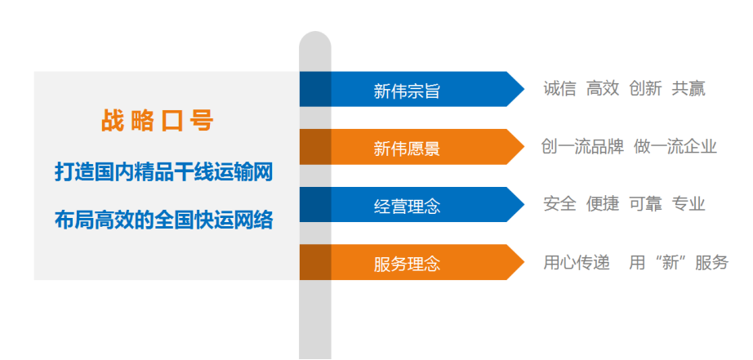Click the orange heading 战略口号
(157, 121)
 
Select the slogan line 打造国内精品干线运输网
(164, 172)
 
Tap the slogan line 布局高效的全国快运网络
(164, 220)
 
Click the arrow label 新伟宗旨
(407, 91)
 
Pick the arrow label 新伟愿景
(407, 149)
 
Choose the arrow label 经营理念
(407, 207)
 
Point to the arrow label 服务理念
(407, 264)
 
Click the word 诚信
(559, 89)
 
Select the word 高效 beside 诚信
(603, 89)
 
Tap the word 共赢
(688, 89)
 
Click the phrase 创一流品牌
(582, 146)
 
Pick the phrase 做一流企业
(675, 146)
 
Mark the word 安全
(559, 204)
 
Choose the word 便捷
(603, 204)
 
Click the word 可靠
(645, 204)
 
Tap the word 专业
(688, 204)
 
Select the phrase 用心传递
(577, 263)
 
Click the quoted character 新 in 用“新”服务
(670, 263)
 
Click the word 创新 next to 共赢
(645, 89)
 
